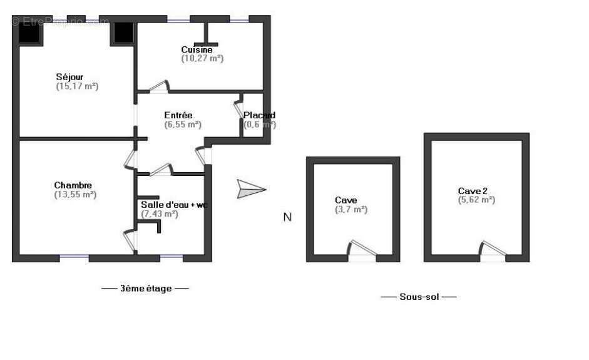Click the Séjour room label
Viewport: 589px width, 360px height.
69,77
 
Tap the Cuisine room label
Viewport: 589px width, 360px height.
197,49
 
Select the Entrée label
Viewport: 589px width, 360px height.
178,115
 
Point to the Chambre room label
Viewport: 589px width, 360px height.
73,185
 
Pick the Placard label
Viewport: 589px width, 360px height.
259,115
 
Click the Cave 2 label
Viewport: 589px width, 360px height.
473,191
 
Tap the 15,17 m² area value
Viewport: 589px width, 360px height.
77,86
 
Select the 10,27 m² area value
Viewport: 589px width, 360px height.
202,58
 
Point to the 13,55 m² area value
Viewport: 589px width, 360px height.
75,195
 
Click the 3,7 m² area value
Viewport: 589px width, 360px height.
351,210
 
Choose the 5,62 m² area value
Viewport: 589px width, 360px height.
476,200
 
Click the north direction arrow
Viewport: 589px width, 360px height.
251,189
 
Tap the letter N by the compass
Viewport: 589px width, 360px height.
287,217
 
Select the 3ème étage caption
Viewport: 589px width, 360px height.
145,289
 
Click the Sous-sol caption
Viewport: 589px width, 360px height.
418,297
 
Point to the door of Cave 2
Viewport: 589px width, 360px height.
492,249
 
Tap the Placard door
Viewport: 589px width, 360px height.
238,107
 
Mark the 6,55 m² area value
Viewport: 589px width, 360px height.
183,125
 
